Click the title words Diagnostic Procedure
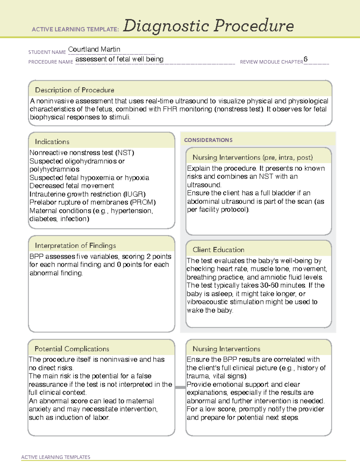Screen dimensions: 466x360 tap(208, 26)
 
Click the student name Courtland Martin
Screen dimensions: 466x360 tap(94, 49)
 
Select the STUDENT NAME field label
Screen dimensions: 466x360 tap(47, 52)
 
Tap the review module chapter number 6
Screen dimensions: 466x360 tap(305, 59)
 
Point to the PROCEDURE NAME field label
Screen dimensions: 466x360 tap(51, 62)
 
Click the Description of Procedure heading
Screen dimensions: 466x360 tap(74, 90)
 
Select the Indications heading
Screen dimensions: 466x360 tap(52, 142)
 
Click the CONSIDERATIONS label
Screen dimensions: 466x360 tap(208, 140)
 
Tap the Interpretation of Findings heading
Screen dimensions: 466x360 tap(75, 245)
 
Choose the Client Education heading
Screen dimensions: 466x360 tap(218, 250)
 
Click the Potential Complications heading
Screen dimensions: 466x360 tap(72, 349)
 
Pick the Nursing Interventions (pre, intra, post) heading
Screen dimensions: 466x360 tap(253, 158)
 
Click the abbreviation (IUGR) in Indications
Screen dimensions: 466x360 tap(134, 194)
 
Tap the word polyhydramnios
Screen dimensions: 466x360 tap(54, 170)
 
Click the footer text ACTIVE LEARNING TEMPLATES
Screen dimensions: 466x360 tap(55, 457)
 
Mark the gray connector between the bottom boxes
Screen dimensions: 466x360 tap(180, 387)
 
